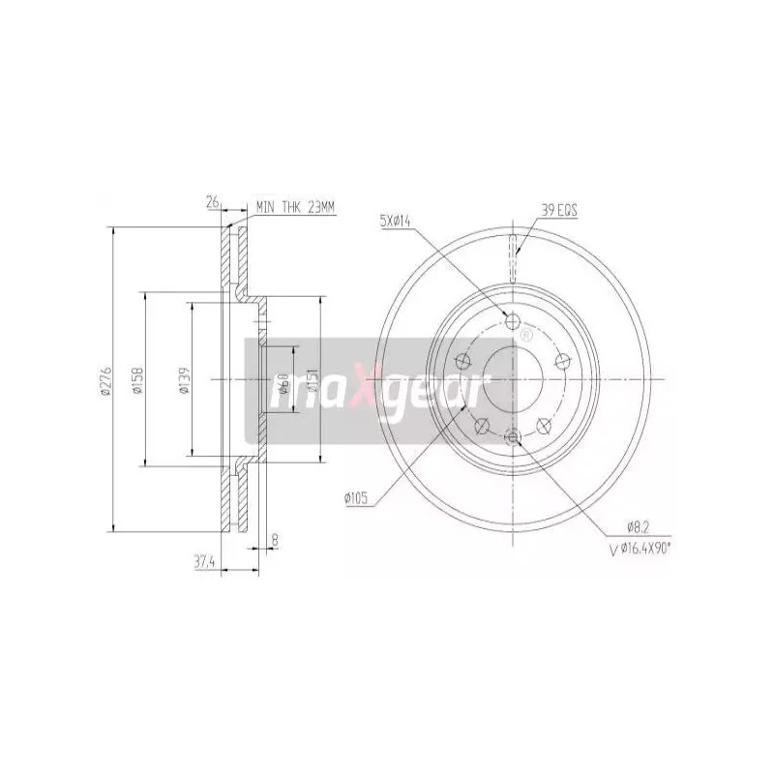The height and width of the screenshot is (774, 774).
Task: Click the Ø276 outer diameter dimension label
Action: tap(108, 379)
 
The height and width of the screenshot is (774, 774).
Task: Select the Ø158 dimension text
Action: tap(138, 379)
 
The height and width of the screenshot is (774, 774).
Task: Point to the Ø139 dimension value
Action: tap(184, 379)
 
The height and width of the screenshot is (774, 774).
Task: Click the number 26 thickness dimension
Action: tap(212, 202)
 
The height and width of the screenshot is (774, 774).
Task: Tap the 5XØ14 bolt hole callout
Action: tap(397, 222)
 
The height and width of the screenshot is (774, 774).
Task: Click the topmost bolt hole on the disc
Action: tap(514, 322)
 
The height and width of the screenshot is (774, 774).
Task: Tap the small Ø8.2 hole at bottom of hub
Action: tap(513, 437)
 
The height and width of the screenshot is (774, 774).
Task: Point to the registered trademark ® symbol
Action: tap(525, 336)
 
